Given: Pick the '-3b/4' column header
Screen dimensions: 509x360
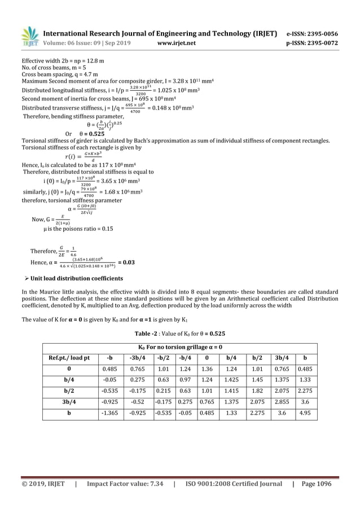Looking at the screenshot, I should point(135,357).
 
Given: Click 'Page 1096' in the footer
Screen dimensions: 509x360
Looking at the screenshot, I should point(317,484).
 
